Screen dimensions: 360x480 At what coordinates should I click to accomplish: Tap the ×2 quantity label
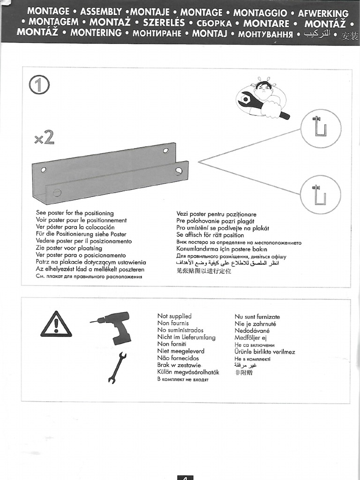click(x=45, y=138)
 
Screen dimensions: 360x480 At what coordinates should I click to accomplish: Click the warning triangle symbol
click(x=56, y=324)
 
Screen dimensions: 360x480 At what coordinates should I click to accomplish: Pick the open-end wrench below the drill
click(x=117, y=367)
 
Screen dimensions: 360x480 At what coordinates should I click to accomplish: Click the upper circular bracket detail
click(x=321, y=128)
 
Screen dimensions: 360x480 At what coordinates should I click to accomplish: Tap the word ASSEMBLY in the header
click(x=101, y=12)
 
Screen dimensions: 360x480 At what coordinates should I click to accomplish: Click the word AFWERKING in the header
click(x=323, y=14)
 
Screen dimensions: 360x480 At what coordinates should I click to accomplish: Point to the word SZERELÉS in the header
click(x=164, y=22)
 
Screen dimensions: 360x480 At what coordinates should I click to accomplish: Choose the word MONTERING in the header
click(x=96, y=33)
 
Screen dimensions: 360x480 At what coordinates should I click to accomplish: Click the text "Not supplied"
click(x=174, y=316)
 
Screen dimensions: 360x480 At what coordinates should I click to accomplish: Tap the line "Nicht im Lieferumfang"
click(x=186, y=337)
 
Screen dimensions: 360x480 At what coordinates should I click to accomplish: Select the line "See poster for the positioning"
click(x=75, y=213)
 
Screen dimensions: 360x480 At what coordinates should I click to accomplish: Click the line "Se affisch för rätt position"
click(x=210, y=235)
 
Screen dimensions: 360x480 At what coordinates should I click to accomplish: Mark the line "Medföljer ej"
click(x=247, y=338)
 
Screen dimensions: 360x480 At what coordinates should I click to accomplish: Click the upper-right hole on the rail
click(x=165, y=150)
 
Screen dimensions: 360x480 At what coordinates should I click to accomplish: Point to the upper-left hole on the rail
click(x=44, y=170)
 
